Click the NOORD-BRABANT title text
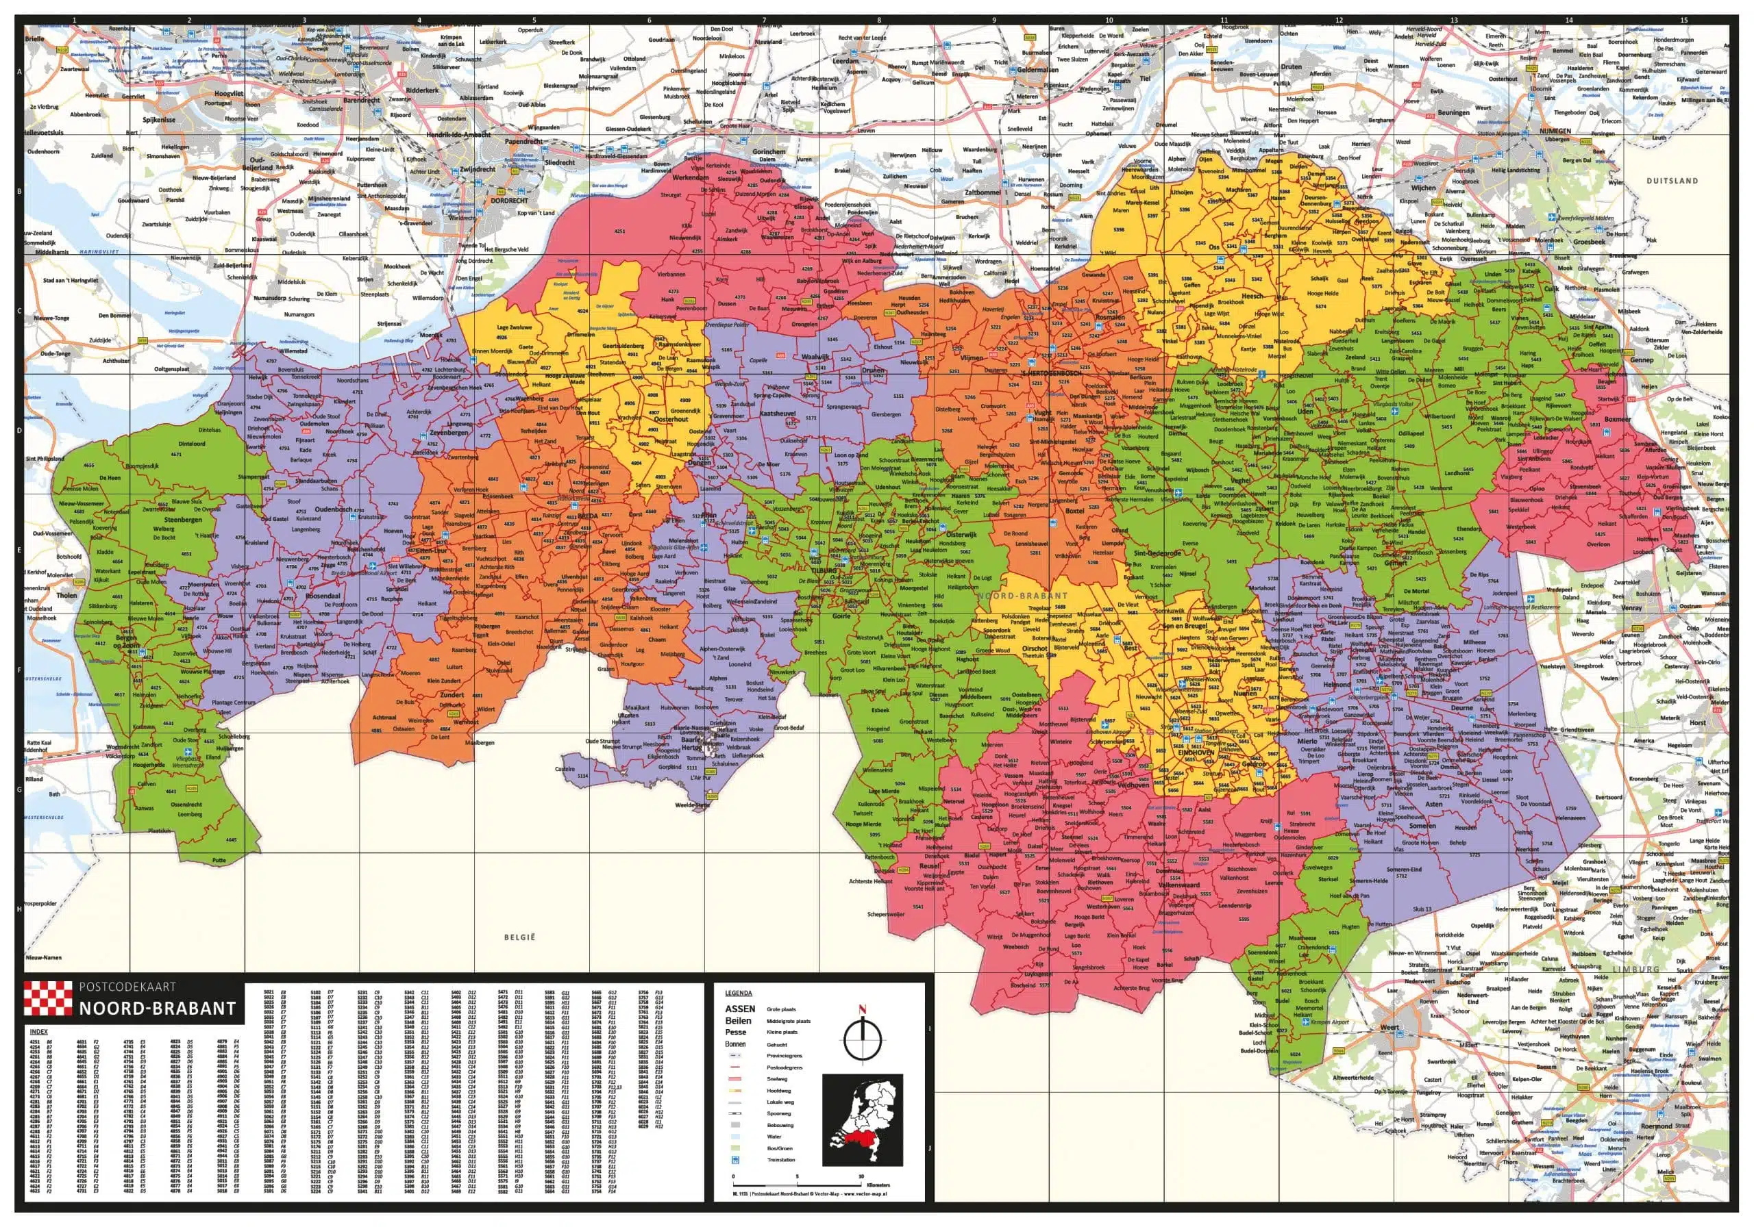pos(158,1009)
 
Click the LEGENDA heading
pos(738,994)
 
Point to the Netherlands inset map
pos(863,1120)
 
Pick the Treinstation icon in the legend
pos(735,1160)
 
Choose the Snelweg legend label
pos(777,1079)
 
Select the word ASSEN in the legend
pos(739,1009)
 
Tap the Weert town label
pos(1389,1028)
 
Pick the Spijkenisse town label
pos(159,120)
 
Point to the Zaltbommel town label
pos(983,192)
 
